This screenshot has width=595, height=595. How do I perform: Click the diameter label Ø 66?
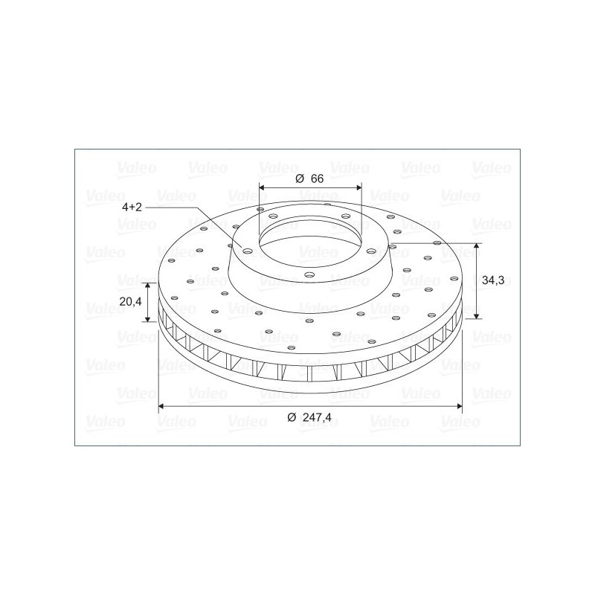[309, 178]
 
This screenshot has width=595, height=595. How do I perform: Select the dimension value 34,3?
[493, 280]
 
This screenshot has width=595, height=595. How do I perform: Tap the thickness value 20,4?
[130, 301]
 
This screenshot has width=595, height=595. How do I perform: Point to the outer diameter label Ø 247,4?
[309, 417]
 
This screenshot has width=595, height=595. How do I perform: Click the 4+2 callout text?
[132, 208]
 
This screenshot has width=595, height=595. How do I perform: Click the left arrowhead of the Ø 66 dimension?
[262, 187]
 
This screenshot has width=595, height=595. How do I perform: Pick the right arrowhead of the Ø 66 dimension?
[359, 187]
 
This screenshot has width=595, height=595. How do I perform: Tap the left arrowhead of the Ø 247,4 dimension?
[161, 406]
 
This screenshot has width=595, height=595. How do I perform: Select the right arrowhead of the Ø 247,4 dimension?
[459, 406]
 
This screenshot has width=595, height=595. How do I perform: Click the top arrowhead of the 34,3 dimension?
[477, 246]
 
